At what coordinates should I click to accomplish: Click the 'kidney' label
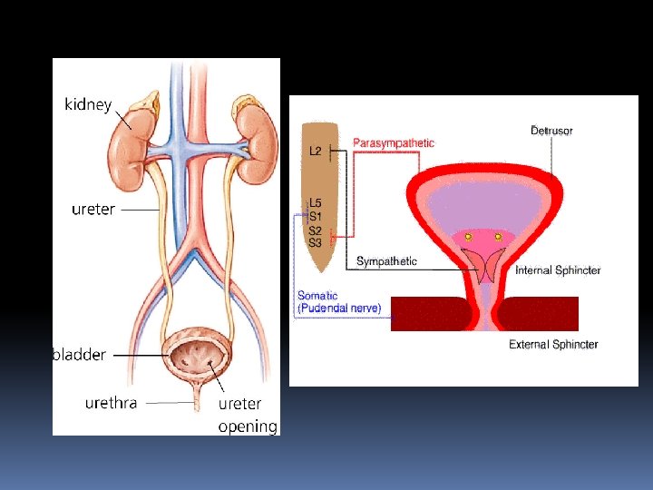88,104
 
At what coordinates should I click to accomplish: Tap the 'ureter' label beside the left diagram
93,210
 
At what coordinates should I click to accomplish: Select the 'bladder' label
80,355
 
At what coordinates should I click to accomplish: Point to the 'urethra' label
111,402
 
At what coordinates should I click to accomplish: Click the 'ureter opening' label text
247,415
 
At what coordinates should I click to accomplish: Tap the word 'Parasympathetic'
394,142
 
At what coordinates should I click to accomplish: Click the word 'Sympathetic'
386,261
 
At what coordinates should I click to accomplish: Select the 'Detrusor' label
551,131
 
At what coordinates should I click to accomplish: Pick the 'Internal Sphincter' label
558,270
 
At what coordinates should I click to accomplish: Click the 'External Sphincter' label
553,345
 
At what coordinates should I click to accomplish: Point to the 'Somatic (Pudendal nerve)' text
338,302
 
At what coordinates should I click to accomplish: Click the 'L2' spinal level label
315,151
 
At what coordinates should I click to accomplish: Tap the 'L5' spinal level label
315,203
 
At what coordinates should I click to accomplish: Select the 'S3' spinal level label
315,242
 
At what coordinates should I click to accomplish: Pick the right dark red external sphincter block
539,314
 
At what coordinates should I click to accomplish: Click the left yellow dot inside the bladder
469,237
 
